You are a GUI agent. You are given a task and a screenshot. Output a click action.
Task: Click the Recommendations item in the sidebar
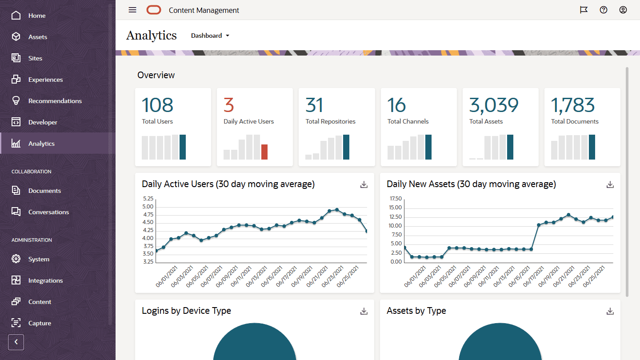tap(55, 101)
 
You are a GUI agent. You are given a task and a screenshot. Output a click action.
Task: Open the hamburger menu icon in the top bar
tap(132, 10)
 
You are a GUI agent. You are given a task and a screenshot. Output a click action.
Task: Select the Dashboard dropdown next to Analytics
tap(210, 36)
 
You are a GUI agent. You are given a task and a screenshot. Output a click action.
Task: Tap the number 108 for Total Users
tap(157, 105)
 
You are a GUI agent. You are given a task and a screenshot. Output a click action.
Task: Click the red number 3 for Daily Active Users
tap(229, 105)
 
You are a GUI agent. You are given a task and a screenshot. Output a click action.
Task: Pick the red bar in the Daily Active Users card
tap(264, 152)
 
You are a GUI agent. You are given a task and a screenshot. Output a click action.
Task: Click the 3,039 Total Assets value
tap(494, 105)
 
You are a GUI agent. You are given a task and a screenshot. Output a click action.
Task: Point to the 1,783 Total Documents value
tap(572, 105)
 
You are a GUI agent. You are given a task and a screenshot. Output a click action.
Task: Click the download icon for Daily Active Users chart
tap(364, 184)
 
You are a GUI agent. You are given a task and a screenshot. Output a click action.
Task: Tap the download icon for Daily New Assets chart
tap(610, 184)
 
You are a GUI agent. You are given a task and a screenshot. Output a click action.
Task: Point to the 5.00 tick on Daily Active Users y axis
tap(148, 207)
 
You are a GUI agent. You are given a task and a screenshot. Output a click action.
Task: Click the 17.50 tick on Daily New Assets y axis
tap(395, 199)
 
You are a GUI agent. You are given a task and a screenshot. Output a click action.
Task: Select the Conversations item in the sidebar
tap(48, 212)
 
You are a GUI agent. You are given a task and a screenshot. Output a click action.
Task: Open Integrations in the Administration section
tap(45, 280)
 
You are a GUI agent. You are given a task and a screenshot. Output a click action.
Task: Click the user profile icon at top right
tap(623, 10)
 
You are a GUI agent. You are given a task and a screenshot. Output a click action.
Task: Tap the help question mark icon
tap(604, 10)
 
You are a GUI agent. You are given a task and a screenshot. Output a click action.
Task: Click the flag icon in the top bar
tap(584, 10)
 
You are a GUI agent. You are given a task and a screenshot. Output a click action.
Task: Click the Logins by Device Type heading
tap(186, 311)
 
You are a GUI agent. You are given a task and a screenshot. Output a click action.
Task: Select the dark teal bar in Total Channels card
tap(428, 147)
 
